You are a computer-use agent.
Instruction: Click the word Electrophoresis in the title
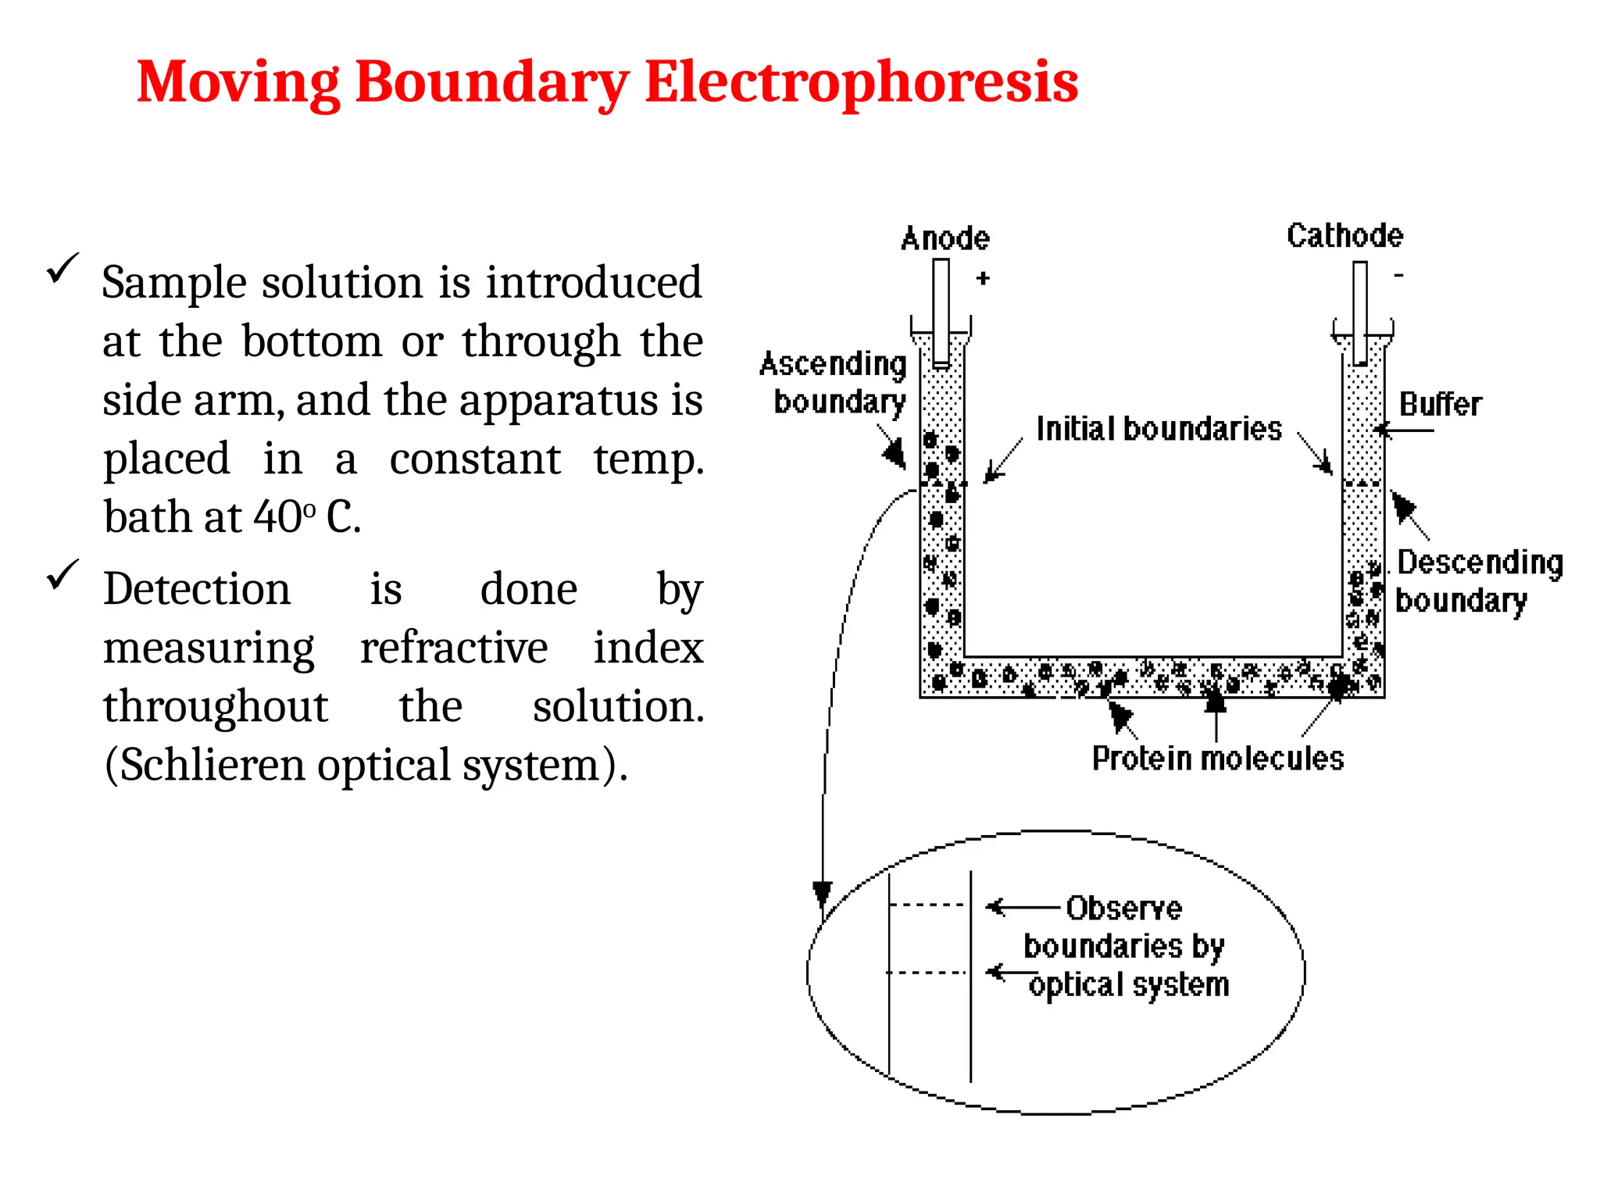[x=861, y=82]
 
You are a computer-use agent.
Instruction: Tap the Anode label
[x=945, y=238]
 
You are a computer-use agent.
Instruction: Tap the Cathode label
[x=1345, y=235]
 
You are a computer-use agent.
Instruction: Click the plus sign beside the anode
[x=983, y=278]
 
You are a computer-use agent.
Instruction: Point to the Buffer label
[x=1440, y=405]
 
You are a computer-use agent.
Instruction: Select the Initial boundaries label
[x=1159, y=429]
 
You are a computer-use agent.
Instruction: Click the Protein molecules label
[x=1217, y=759]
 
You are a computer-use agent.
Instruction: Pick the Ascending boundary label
[x=834, y=383]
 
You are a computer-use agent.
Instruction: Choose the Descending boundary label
[x=1479, y=581]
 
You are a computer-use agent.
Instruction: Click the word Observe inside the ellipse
[x=1123, y=908]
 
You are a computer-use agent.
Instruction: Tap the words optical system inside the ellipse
[x=1129, y=985]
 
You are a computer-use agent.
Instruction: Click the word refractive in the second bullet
[x=454, y=648]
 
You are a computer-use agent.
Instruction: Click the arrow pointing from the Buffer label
[x=1404, y=430]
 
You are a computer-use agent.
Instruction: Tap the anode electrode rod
[x=941, y=312]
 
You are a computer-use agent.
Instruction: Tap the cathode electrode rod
[x=1360, y=312]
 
